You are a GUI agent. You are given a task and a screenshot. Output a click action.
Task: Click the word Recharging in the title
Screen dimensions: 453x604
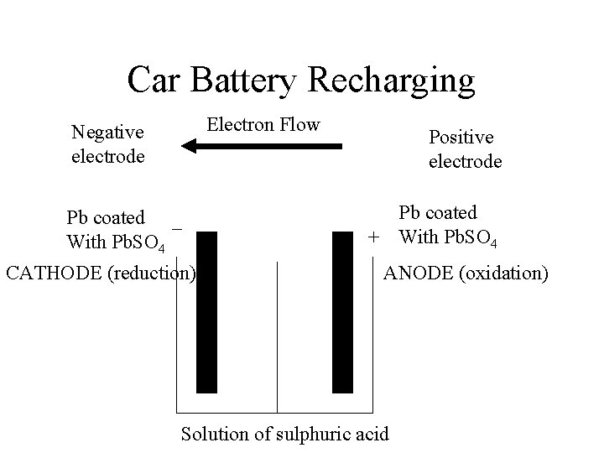[x=392, y=81]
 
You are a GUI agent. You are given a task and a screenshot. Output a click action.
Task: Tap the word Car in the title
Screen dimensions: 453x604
[x=155, y=81]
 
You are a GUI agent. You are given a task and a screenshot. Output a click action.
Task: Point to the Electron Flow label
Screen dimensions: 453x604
[x=263, y=125]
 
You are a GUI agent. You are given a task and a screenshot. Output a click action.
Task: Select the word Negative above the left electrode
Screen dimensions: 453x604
[x=107, y=132]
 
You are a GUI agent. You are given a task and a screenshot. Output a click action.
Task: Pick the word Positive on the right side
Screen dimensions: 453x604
[x=461, y=136]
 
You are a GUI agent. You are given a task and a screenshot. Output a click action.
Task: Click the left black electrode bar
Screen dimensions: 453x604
[x=206, y=311]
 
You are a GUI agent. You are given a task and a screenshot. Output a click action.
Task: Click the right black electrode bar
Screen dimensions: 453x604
[x=342, y=311]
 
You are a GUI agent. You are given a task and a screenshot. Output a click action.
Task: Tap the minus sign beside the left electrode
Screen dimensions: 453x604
[x=177, y=227]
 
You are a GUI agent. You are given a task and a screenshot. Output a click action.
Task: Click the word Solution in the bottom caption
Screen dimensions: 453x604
[x=211, y=434]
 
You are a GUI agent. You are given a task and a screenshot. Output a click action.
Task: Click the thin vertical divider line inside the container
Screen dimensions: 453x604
[x=277, y=336]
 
